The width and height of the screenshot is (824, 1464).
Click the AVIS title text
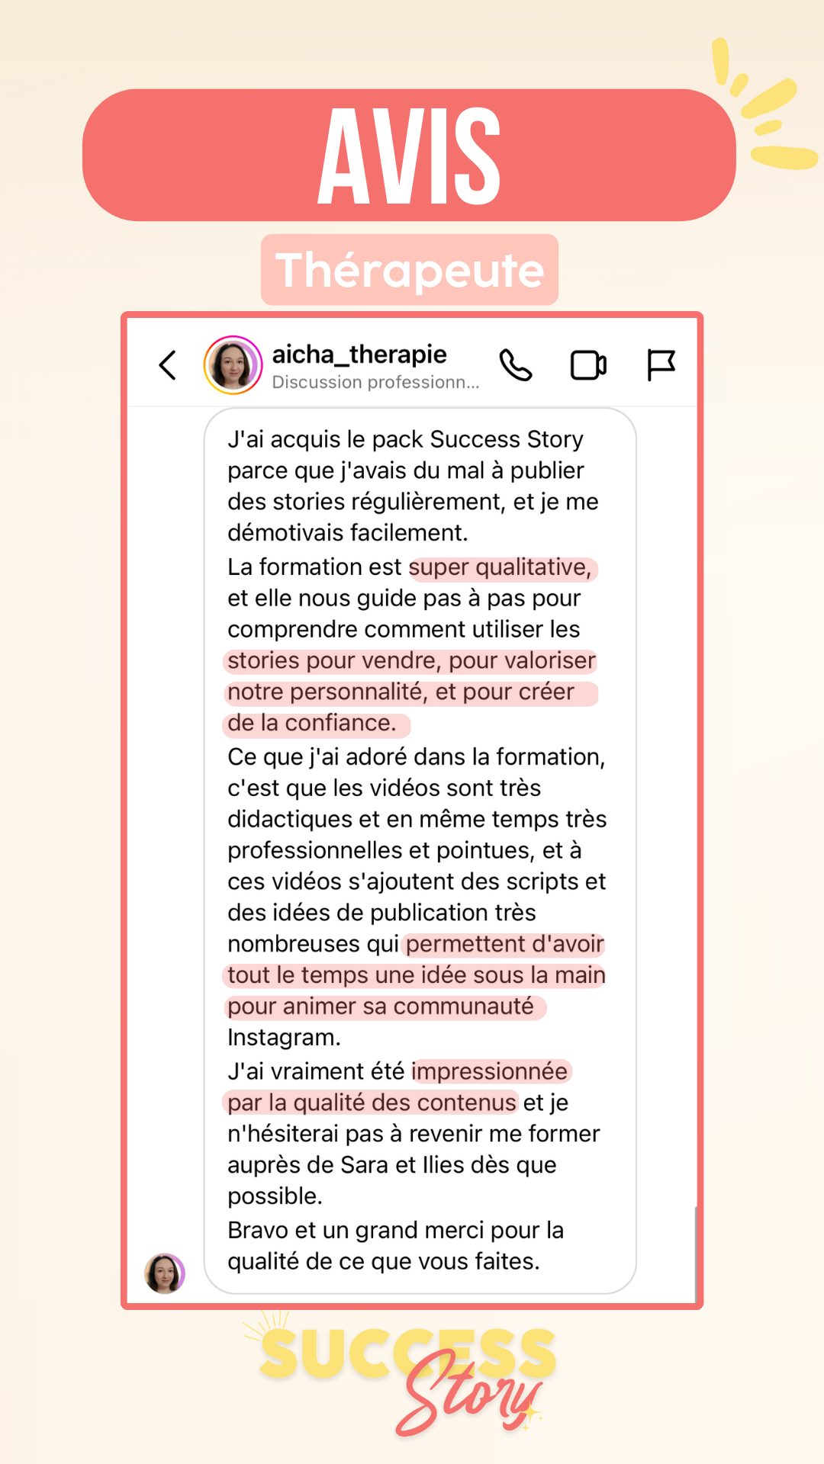tap(409, 156)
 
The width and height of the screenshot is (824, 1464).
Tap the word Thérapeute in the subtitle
tap(410, 270)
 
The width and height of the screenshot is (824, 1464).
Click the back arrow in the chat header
tap(168, 365)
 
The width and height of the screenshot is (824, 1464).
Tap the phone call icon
tap(516, 365)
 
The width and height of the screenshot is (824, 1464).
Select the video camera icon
tap(588, 365)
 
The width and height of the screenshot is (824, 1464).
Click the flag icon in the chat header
tap(661, 364)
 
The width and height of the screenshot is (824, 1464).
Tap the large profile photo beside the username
tap(233, 365)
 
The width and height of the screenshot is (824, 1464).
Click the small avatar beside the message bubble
tap(165, 1273)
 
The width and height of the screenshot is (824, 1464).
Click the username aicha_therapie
tap(359, 355)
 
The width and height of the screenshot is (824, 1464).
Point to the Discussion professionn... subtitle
tap(375, 382)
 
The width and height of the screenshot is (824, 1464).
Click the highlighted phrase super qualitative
tap(501, 567)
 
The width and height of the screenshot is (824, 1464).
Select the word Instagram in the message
tap(283, 1038)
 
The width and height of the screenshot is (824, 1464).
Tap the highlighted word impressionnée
tap(490, 1071)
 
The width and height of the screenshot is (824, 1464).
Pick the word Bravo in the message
tap(258, 1230)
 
